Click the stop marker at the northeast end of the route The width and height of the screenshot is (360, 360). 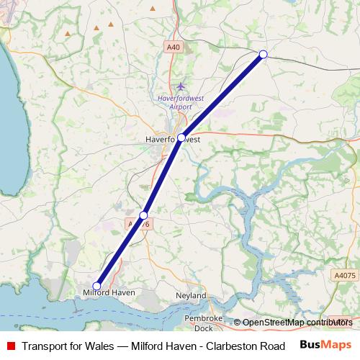pos(263,54)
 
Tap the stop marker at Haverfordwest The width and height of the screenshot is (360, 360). pos(181,137)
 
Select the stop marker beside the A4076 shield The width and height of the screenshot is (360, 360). pos(143,215)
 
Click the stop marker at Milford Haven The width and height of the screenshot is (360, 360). pos(96,286)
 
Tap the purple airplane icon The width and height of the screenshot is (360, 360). pos(181,86)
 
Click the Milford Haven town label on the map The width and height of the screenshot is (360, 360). pos(109,293)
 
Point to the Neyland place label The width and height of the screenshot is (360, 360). pos(191,296)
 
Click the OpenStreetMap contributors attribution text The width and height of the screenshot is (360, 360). pos(297,323)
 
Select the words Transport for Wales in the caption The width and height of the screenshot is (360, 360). pos(67,346)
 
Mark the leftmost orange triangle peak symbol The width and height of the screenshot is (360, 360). pos(68,33)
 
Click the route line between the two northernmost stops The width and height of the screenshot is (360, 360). pos(222,96)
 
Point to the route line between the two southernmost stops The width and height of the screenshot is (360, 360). pos(120,251)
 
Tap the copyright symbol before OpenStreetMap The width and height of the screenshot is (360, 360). pos(237,323)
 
